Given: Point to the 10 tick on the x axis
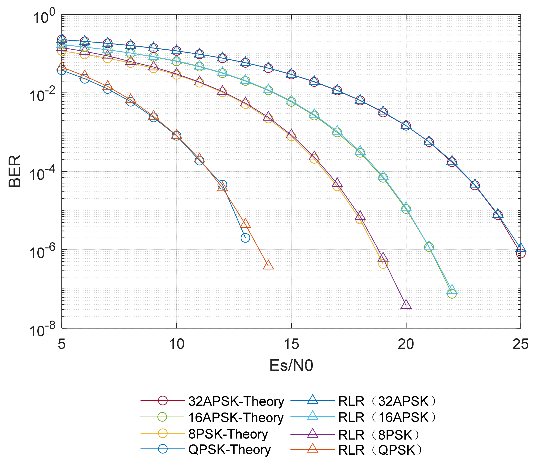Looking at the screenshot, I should coord(176,344).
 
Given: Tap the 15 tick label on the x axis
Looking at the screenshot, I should coord(291,344).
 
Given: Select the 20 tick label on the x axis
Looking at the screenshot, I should coord(406,344).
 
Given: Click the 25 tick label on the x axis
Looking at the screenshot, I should coord(520,344).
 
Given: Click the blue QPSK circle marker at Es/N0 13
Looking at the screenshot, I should coord(245,238).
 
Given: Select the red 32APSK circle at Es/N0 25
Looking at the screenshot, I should coord(521,253).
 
